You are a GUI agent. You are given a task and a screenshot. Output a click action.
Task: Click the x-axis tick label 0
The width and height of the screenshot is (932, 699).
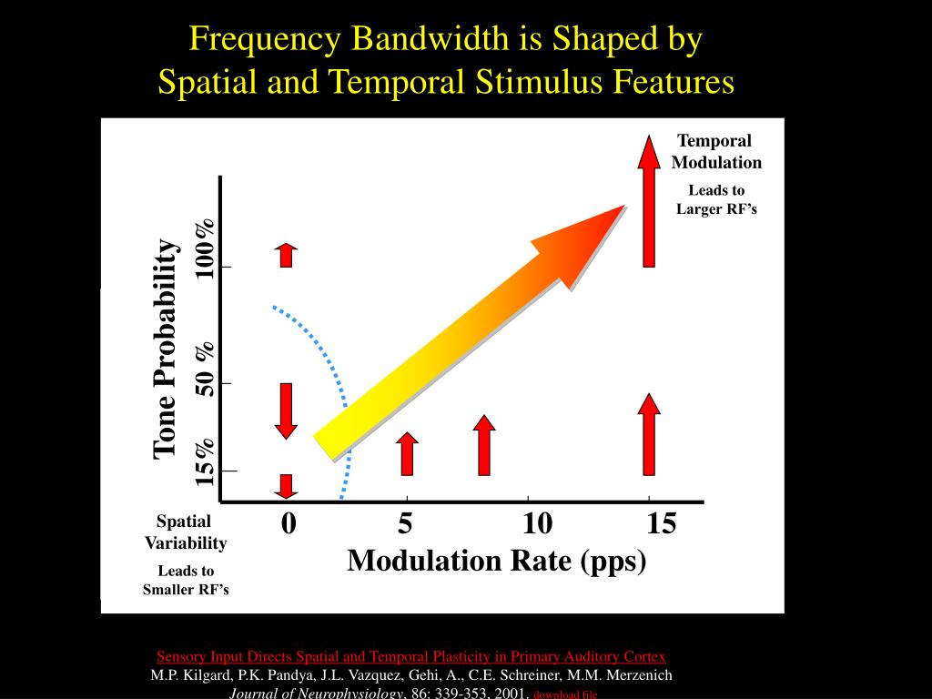(x=289, y=524)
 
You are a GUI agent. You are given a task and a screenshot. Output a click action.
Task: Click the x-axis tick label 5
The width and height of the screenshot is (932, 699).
(x=405, y=524)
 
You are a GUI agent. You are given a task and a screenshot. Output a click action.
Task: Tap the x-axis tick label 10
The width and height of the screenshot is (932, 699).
(x=537, y=524)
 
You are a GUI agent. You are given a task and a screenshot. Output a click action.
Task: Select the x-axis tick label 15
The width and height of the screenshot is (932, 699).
(x=662, y=524)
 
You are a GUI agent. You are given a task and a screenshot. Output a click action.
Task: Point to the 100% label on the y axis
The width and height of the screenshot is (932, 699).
(x=205, y=248)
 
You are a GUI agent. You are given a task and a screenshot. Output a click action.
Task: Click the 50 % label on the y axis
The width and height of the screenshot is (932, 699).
(x=206, y=369)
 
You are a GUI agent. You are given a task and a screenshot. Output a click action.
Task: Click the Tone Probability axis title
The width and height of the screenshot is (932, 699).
(x=165, y=349)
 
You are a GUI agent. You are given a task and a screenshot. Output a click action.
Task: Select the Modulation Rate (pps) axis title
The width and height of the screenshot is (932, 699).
(x=496, y=561)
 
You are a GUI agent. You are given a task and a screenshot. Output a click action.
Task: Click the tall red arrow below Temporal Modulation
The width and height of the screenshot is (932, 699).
(x=649, y=200)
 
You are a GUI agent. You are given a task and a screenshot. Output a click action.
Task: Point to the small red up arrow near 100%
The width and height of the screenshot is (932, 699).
(x=287, y=255)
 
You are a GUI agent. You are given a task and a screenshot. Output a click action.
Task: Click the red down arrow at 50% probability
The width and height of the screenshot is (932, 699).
(x=287, y=410)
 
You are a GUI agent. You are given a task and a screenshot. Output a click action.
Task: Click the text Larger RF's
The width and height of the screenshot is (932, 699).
(x=716, y=209)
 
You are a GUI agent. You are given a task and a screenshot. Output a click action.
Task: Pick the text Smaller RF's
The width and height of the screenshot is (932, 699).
(x=186, y=589)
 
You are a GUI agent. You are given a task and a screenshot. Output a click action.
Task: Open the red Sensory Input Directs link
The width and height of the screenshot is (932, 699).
(x=410, y=656)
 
